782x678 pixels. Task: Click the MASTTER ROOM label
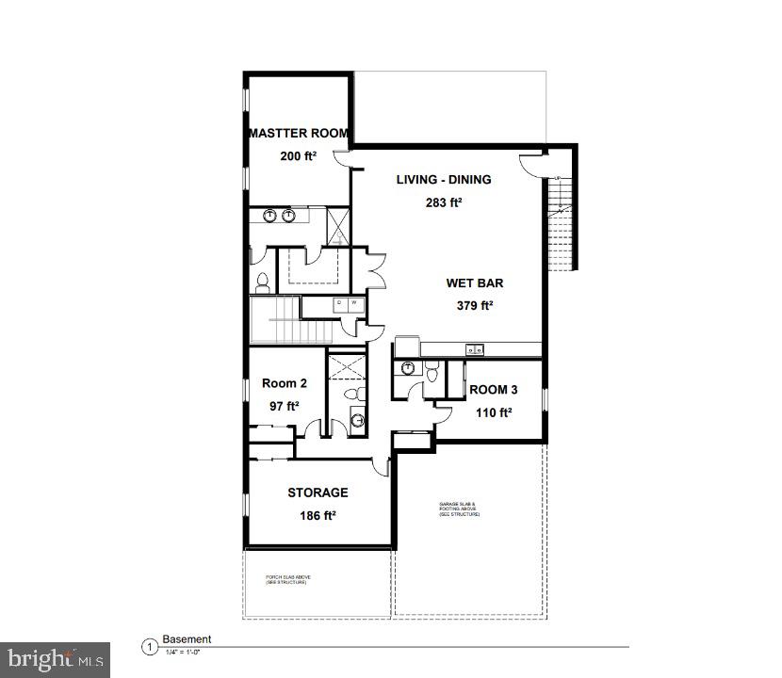[299, 134]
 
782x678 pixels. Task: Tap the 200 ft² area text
[298, 156]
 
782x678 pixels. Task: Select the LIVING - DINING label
[443, 180]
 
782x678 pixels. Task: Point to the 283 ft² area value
[443, 202]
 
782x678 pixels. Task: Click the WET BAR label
[474, 282]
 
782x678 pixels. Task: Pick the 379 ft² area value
[474, 305]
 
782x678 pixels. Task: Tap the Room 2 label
[284, 383]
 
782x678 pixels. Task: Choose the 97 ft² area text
[284, 406]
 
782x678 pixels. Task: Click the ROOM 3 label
[493, 390]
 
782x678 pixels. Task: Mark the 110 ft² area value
[493, 412]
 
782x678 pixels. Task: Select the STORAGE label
[318, 492]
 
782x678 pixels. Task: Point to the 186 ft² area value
[318, 515]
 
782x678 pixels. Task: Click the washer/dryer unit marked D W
[347, 304]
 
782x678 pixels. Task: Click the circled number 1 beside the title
[149, 647]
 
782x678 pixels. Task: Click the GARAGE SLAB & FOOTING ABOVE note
[459, 510]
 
